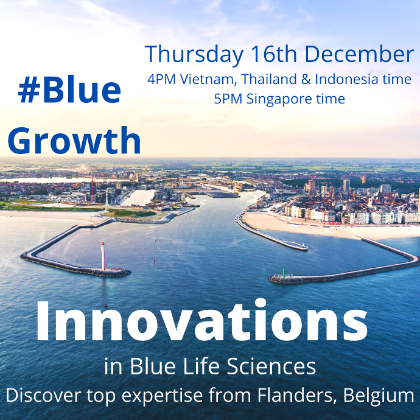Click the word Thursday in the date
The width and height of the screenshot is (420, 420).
pos(194,55)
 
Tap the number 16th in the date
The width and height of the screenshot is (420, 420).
pos(274,54)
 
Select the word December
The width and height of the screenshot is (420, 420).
pos(359,54)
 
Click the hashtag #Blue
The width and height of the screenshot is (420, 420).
pos(69,89)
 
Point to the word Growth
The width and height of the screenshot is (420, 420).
pos(74,140)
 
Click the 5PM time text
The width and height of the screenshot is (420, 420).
pos(228,99)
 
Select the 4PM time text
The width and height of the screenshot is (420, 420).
pos(161,79)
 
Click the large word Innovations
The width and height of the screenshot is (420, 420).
pos(201,321)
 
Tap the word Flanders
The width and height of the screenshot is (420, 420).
pos(297,395)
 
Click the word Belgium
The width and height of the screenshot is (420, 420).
pos(379,396)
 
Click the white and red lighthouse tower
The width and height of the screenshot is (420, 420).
pos(103,256)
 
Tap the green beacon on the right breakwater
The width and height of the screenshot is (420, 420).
pos(284,273)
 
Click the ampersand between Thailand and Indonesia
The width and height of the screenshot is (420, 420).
pos(306,79)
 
